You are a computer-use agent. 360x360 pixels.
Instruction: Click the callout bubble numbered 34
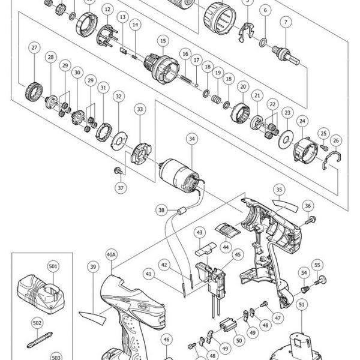(x=192, y=139)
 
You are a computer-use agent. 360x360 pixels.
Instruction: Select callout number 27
(x=34, y=47)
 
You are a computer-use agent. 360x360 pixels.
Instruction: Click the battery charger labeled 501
(x=41, y=294)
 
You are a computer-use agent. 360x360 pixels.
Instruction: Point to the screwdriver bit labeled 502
(x=40, y=340)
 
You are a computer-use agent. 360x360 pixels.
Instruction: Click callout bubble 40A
(x=112, y=254)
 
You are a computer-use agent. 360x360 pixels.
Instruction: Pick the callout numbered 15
(x=163, y=41)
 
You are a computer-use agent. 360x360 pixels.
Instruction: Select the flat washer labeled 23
(x=286, y=139)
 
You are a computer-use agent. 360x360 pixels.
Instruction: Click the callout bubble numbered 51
(x=302, y=304)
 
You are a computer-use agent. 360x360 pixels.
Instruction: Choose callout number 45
(x=238, y=254)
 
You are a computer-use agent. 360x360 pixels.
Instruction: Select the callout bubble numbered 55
(x=317, y=265)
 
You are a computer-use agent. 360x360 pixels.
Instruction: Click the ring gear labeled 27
(x=34, y=92)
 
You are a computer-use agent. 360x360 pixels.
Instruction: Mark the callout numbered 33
(x=140, y=109)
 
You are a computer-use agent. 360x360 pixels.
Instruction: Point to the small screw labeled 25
(x=324, y=147)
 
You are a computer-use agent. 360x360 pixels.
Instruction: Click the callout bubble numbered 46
(x=166, y=340)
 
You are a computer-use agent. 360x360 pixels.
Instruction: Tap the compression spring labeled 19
(x=216, y=99)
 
